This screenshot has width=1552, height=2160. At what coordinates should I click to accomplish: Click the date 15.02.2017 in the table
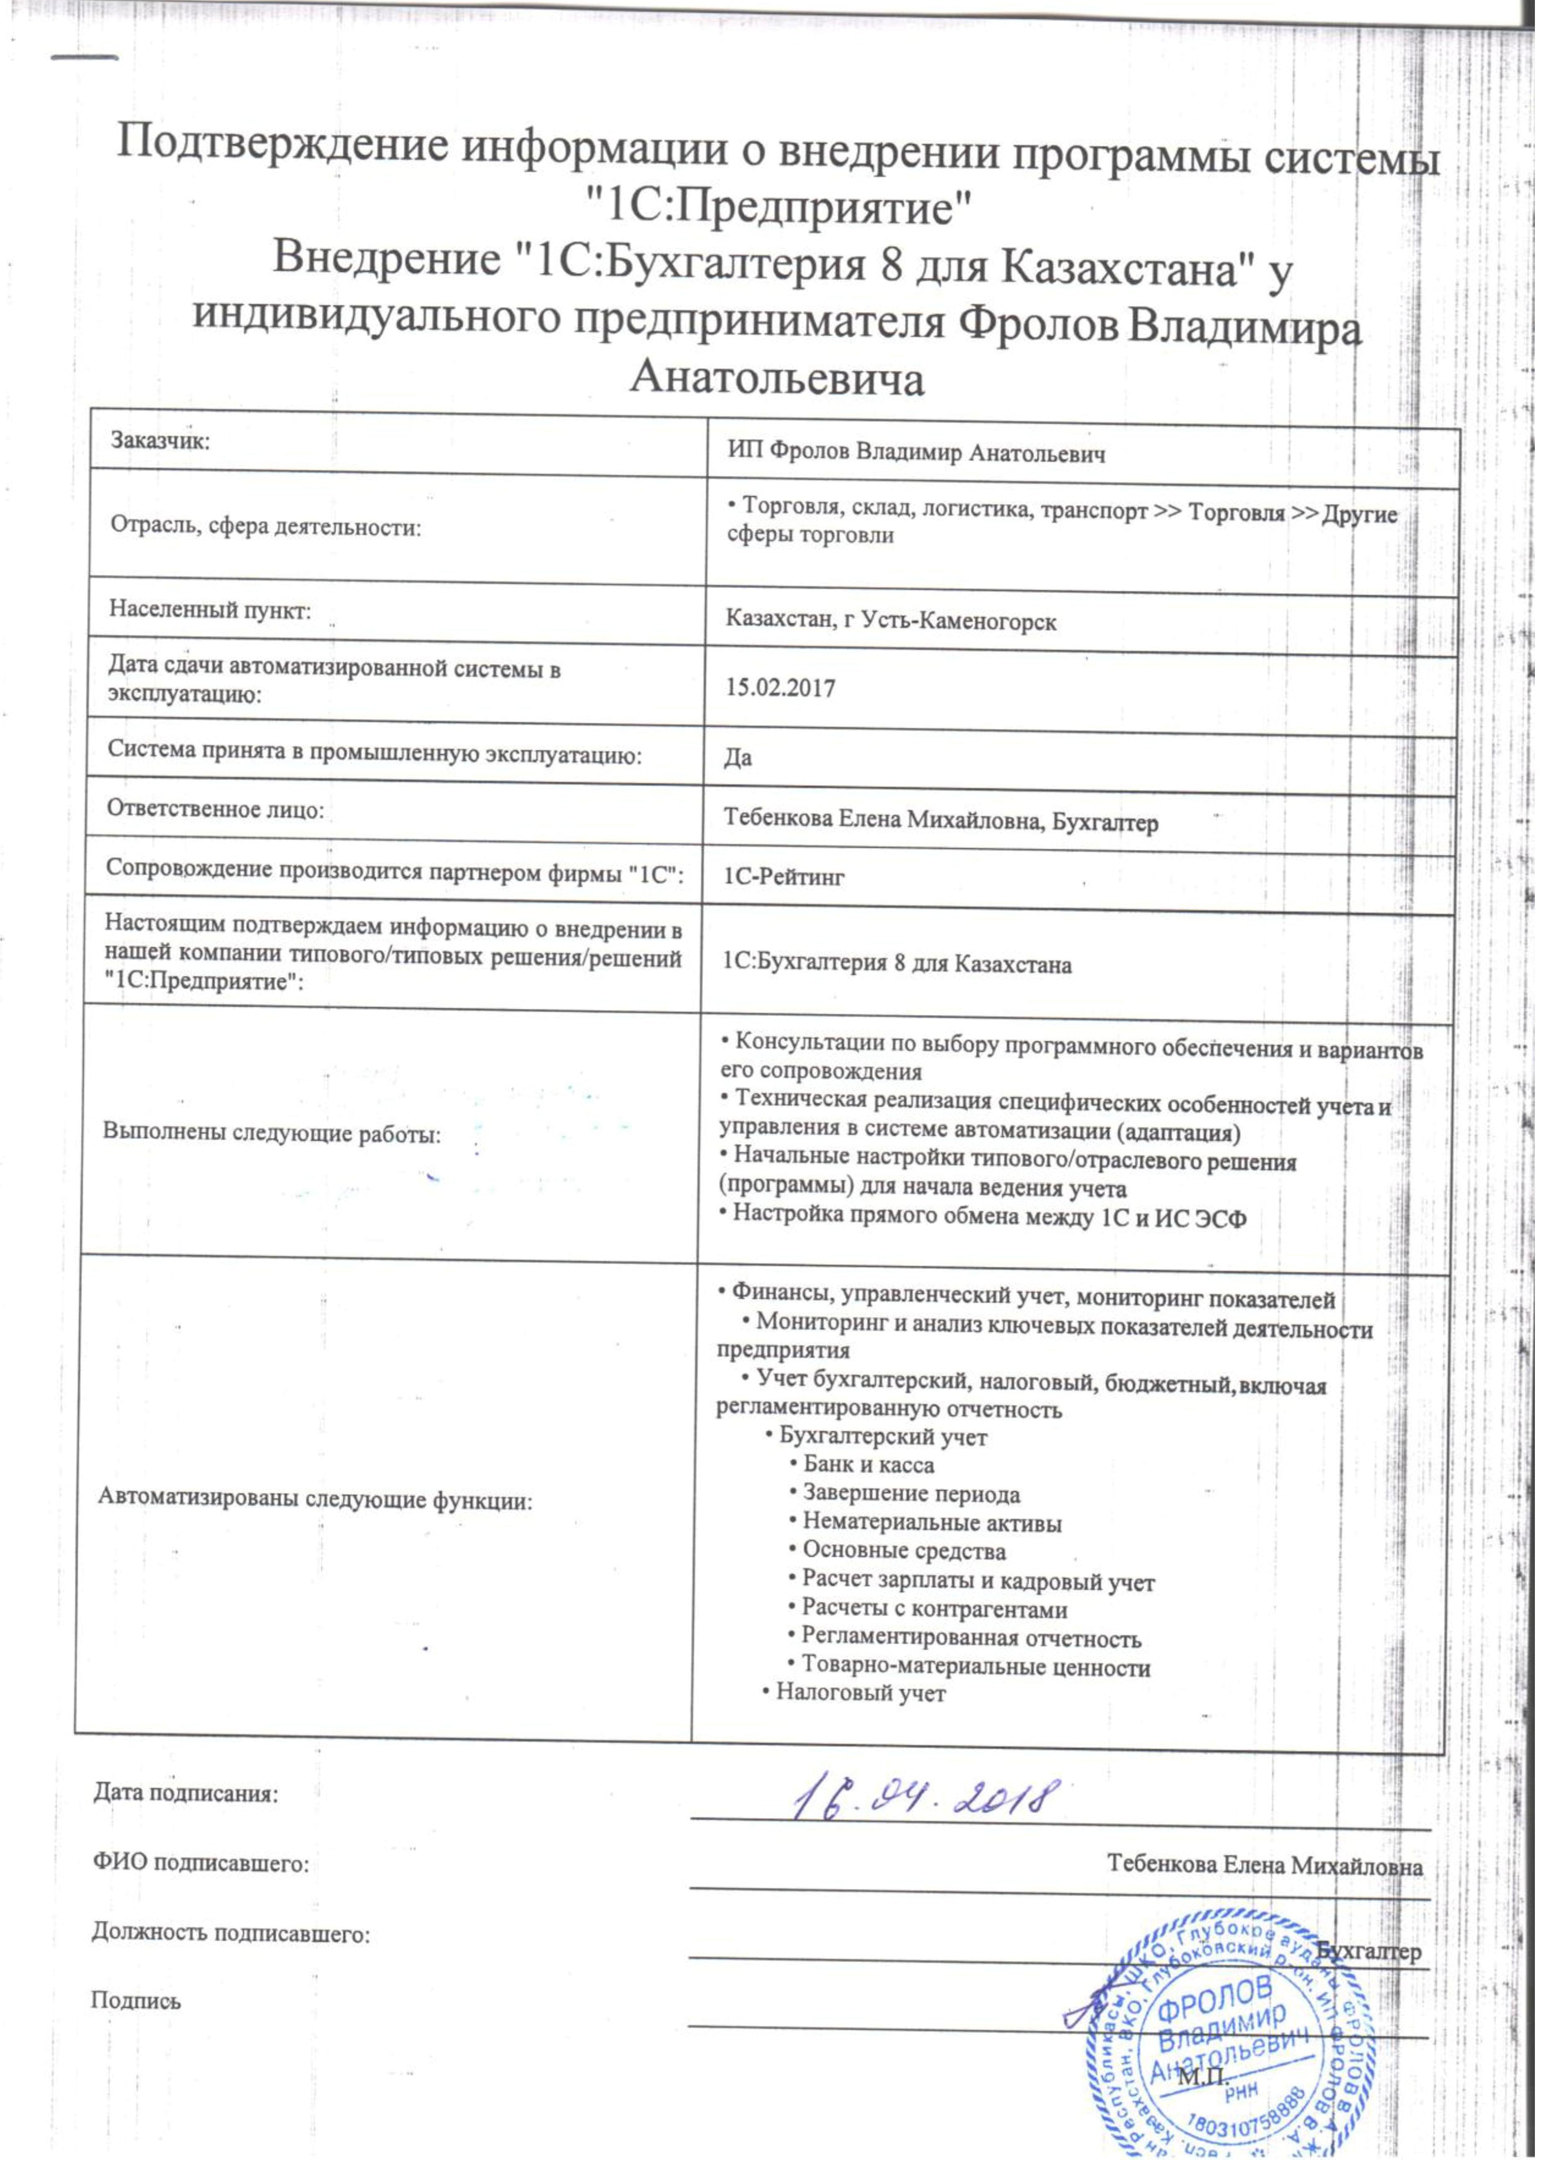pyautogui.click(x=779, y=688)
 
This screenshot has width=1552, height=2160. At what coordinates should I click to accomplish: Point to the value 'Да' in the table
pyautogui.click(x=736, y=758)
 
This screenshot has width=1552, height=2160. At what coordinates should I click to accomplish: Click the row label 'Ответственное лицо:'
pyautogui.click(x=215, y=809)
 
